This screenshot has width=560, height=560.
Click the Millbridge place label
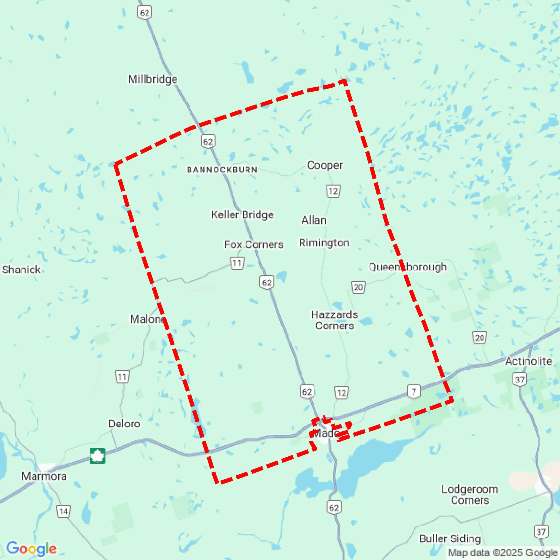click(152, 79)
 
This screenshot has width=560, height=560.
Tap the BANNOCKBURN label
click(222, 170)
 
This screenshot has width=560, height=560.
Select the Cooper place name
click(325, 165)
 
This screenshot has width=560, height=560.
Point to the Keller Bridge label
click(242, 215)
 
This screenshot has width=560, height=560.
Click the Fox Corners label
click(254, 244)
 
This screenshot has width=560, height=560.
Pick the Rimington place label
click(324, 243)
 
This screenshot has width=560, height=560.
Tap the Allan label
click(314, 220)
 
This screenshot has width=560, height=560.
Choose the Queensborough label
click(407, 267)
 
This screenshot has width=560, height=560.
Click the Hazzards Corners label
click(334, 320)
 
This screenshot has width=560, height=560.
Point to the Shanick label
click(21, 270)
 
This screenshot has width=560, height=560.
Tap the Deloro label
click(124, 424)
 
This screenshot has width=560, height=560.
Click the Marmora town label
click(44, 476)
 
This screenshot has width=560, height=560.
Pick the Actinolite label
click(528, 361)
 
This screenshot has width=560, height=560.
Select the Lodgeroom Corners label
click(470, 495)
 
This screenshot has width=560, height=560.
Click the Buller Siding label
click(450, 539)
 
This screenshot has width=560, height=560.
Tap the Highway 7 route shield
click(414, 391)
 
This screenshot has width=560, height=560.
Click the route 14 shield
click(63, 511)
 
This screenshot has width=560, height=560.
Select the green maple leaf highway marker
click(97, 456)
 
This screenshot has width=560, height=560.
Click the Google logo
click(31, 548)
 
